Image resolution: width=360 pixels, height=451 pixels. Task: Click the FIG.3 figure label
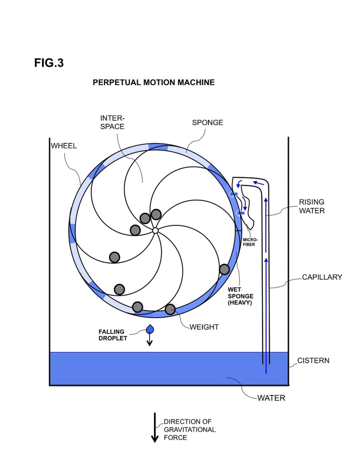point(49,63)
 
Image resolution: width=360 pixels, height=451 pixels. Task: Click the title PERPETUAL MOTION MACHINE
point(154,82)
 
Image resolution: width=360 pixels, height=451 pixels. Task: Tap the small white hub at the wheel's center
point(155,231)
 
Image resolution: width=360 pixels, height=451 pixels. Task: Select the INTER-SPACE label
point(112,122)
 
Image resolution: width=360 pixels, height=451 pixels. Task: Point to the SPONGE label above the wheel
point(207,123)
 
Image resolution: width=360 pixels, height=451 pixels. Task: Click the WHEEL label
point(64,146)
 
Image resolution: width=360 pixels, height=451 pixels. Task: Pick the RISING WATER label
point(312,206)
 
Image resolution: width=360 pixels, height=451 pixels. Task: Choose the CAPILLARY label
point(322,277)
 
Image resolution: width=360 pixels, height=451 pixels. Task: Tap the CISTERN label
point(313,361)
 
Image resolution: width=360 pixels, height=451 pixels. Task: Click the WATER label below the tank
point(271,398)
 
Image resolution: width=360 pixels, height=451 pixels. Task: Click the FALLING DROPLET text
point(113,335)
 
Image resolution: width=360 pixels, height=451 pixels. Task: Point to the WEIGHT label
point(204,327)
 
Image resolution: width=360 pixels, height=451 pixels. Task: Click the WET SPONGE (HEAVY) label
point(240,296)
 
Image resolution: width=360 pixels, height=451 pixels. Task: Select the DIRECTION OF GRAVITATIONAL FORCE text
point(190,430)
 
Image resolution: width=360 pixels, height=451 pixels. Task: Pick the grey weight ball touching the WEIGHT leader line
point(170,309)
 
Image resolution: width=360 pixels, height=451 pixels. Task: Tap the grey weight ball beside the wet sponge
point(224,269)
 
